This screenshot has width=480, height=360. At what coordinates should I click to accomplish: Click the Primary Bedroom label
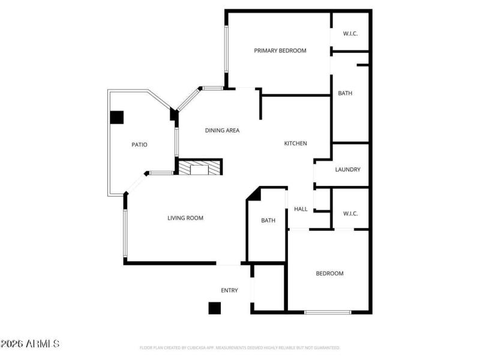tap(280, 50)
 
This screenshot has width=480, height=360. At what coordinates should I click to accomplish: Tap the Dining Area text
tap(222, 130)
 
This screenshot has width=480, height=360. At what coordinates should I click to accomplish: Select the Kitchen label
tap(295, 143)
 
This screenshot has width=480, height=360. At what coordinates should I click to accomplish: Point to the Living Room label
tap(185, 218)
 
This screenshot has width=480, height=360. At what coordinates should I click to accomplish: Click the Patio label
tap(139, 145)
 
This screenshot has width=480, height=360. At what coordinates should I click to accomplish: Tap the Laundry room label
tap(348, 170)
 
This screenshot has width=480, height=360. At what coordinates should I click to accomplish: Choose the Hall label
tap(301, 209)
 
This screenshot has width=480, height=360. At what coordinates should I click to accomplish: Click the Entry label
tap(229, 290)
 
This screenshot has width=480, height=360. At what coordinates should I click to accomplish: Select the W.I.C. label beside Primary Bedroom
tap(350, 34)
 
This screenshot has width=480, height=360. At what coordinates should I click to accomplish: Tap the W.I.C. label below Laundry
tap(350, 213)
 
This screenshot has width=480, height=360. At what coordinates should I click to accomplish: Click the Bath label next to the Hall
tap(268, 220)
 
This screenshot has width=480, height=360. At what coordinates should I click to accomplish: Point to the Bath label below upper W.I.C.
tap(345, 93)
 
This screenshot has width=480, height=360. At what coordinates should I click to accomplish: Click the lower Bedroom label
tap(330, 274)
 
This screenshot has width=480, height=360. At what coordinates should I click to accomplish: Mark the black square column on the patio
tap(116, 117)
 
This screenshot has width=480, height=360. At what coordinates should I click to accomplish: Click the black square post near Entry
tap(214, 308)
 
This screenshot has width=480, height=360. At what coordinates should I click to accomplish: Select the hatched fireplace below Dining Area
tap(199, 168)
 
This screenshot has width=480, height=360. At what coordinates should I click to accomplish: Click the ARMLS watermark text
tap(30, 344)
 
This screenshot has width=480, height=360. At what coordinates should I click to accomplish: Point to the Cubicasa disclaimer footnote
tap(240, 347)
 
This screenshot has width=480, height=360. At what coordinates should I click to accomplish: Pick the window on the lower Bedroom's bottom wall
tap(328, 312)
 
